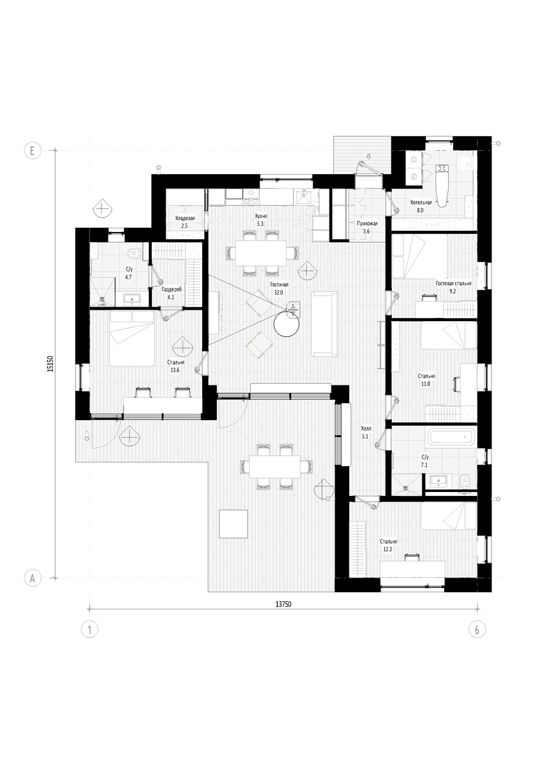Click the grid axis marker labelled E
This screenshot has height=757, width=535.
click(x=32, y=150)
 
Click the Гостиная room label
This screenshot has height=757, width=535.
click(x=279, y=285)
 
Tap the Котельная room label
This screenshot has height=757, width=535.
click(x=421, y=202)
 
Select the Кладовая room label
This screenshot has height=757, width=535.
click(x=185, y=218)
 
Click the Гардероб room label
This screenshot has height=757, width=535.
click(x=171, y=290)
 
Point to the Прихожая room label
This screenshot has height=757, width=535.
click(x=367, y=223)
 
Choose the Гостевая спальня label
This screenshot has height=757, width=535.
click(x=453, y=283)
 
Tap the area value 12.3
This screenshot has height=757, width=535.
click(x=388, y=549)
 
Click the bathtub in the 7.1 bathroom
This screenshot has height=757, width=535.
click(x=453, y=437)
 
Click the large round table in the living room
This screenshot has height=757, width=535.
click(x=286, y=324)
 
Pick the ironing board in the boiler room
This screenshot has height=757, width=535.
click(x=442, y=185)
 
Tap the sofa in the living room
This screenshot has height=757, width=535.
click(x=325, y=324)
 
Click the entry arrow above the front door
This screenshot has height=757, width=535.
click(x=369, y=156)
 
